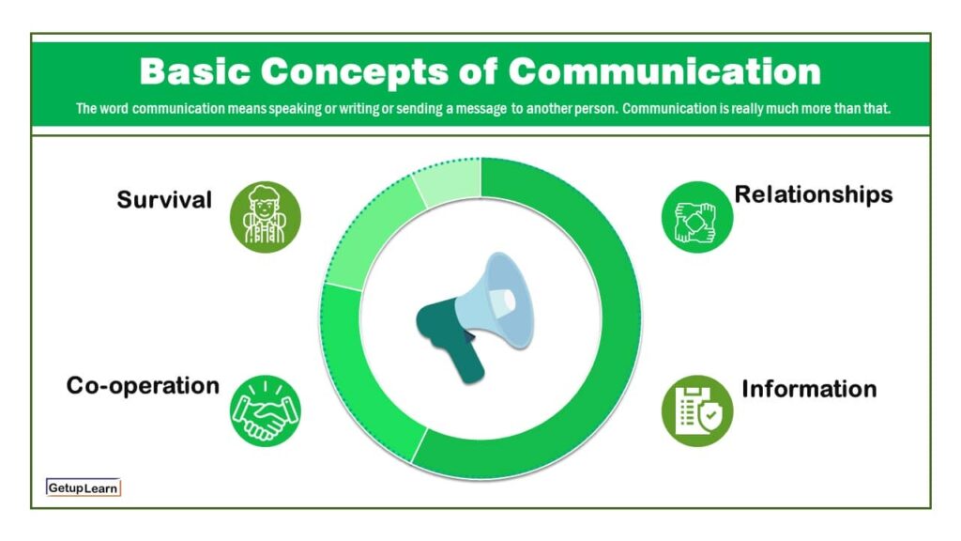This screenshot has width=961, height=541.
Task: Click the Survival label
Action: point(164,200)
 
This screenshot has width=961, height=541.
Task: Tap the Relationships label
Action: point(813,194)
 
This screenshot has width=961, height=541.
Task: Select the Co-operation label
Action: point(143,385)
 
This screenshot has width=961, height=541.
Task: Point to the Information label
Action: point(809,388)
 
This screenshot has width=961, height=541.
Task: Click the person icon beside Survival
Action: point(266,217)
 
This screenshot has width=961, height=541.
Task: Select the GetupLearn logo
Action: point(84,487)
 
